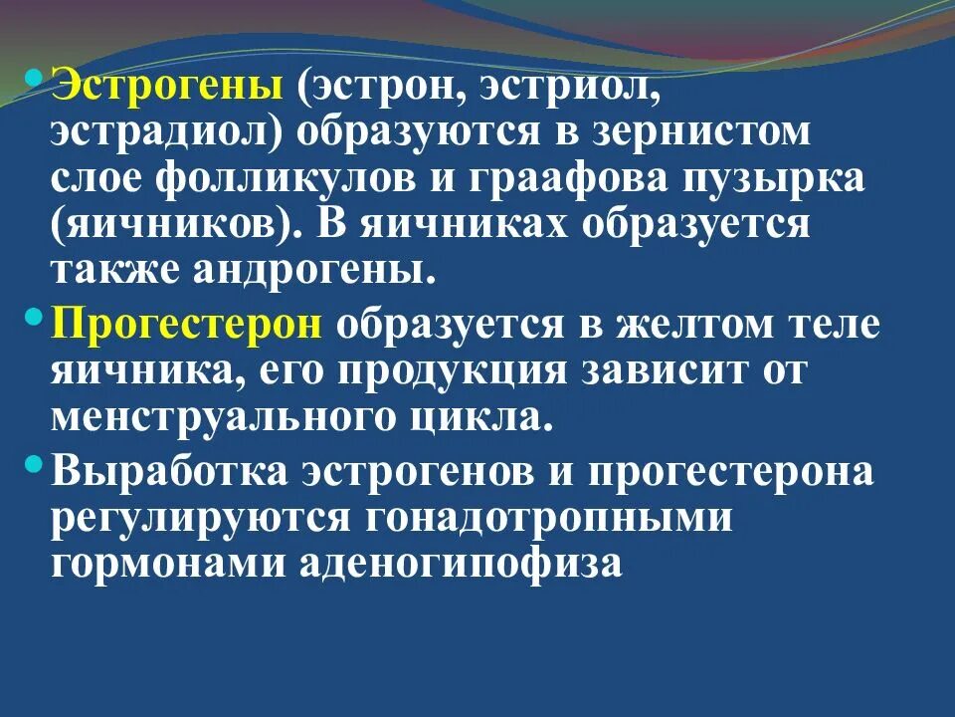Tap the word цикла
[x=487, y=416]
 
